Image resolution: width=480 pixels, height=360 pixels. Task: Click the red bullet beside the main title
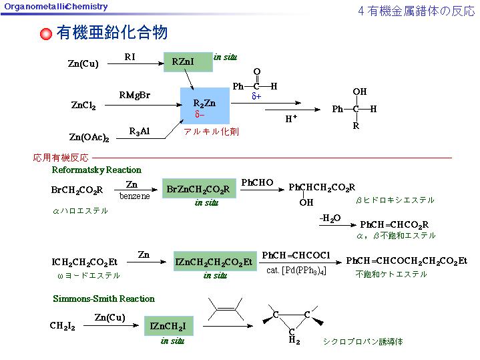[x=46, y=34]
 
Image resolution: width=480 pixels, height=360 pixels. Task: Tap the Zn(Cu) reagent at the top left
[x=83, y=64]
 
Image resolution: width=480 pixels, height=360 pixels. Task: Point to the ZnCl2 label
[x=83, y=106]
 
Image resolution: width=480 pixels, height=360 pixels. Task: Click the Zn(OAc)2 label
[x=89, y=137]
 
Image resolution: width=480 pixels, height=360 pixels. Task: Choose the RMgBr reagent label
[x=135, y=95]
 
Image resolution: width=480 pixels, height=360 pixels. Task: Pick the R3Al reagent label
[x=140, y=131]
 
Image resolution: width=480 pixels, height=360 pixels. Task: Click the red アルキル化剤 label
[x=211, y=132]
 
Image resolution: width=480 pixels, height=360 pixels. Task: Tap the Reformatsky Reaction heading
[x=97, y=170]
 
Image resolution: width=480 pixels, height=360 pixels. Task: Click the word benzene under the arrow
[x=135, y=196]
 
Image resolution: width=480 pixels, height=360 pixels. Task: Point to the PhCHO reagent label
[x=257, y=182]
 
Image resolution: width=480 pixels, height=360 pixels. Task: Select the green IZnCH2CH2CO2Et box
[x=214, y=262]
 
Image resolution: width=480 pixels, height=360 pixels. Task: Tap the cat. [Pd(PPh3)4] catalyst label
[x=296, y=271]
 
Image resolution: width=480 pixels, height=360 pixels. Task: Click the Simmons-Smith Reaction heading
[x=103, y=299]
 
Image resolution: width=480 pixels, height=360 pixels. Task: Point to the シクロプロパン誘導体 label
[x=363, y=341]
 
